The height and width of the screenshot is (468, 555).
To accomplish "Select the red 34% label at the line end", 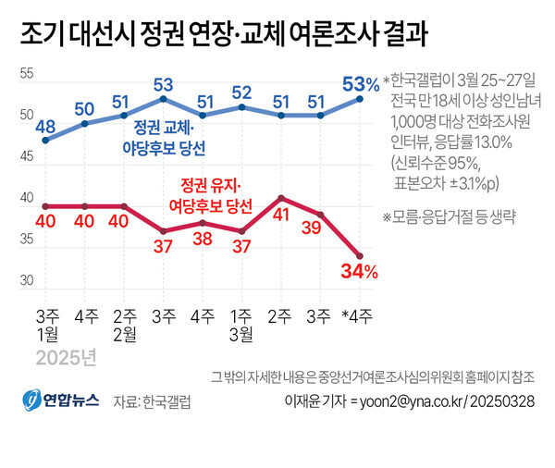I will pos(360,271).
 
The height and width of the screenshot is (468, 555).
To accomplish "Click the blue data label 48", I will pos(46,127).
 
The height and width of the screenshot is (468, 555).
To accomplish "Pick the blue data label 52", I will pos(242,92).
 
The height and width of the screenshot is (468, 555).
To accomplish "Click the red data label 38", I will pos(203,237).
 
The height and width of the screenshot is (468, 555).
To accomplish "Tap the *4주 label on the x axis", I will pos(359,316).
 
